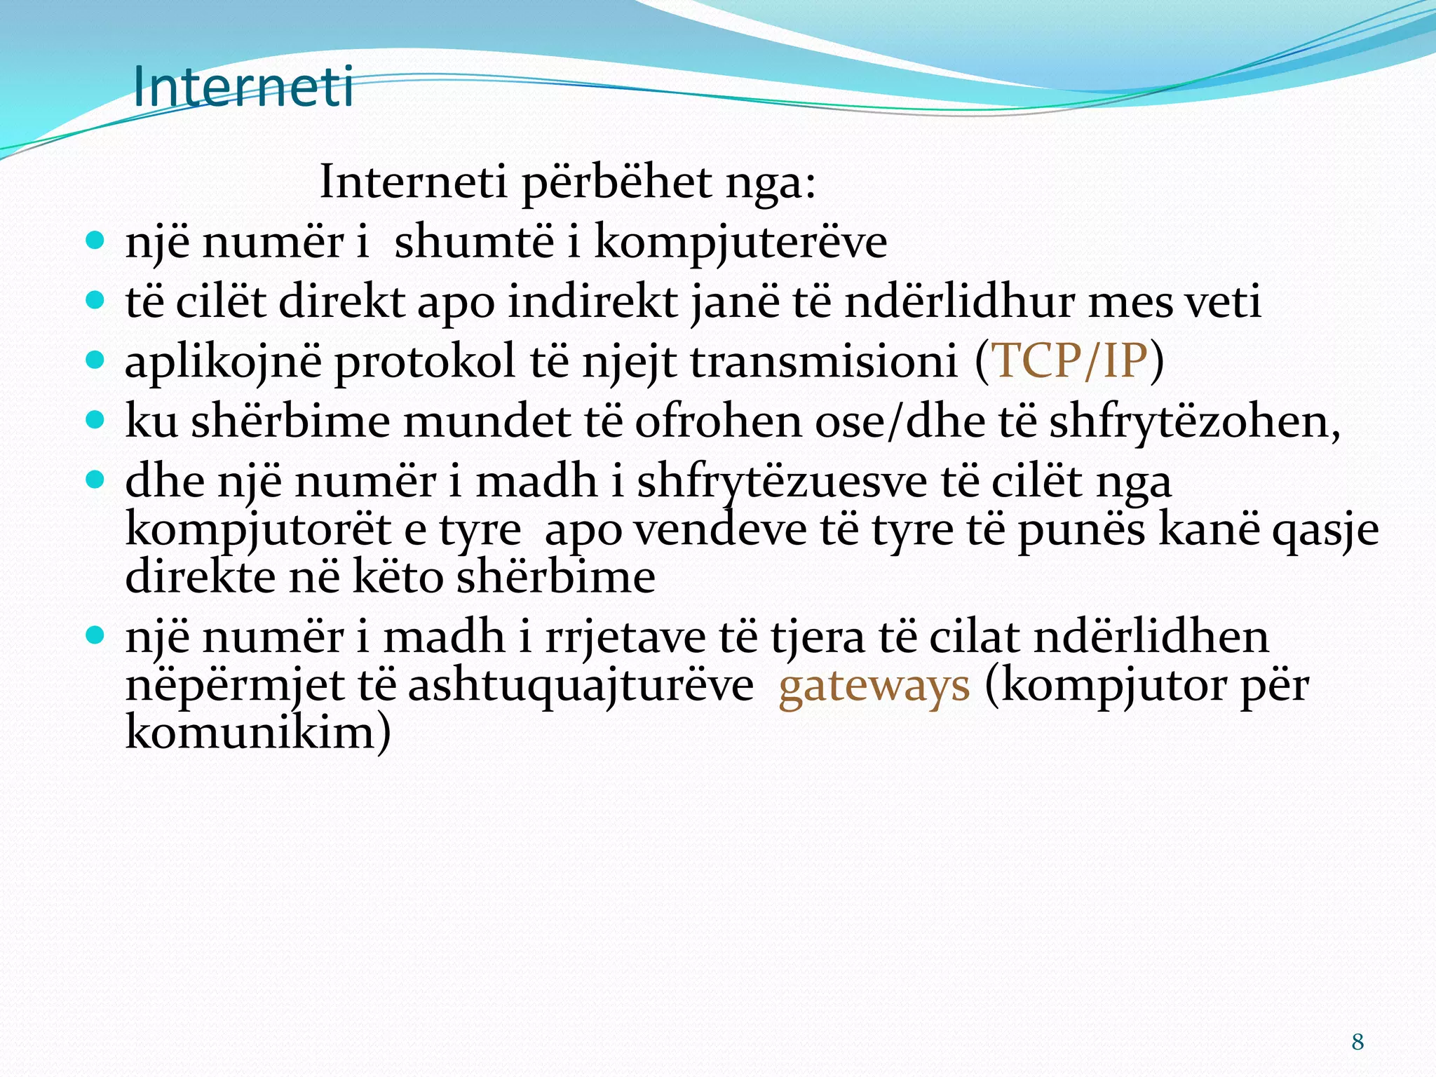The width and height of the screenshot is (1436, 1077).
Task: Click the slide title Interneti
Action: tap(243, 87)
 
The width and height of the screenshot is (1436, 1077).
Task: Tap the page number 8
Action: tap(1357, 1041)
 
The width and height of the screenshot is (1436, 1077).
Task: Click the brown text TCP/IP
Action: tap(1070, 361)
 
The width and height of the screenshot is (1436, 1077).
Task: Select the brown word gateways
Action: tap(874, 686)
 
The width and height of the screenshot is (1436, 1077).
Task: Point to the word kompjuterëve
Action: tap(740, 243)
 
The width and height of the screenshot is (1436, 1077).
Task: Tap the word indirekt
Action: tap(593, 302)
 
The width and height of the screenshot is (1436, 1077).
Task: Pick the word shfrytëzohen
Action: tap(1192, 423)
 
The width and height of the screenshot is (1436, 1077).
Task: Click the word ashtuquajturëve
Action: tap(580, 686)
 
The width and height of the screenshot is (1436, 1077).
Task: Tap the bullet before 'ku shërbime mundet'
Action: tap(95, 421)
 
